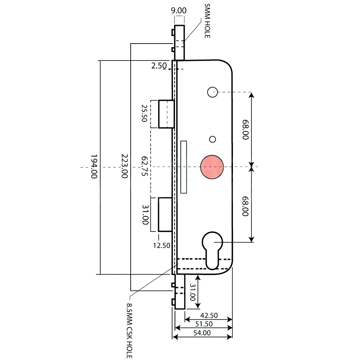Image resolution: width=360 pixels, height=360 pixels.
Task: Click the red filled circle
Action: pos(212,167)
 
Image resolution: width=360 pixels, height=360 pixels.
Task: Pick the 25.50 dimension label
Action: pos(144,113)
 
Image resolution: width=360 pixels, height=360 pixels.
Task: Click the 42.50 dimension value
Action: pos(209,316)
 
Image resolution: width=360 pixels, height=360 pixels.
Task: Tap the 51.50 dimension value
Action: pos(204,324)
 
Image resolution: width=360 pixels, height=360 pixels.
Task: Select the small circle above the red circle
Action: pos(212,139)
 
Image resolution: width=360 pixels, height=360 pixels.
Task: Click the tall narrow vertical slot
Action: pos(184,167)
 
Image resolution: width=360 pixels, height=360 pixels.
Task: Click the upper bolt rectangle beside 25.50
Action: pos(167,114)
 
